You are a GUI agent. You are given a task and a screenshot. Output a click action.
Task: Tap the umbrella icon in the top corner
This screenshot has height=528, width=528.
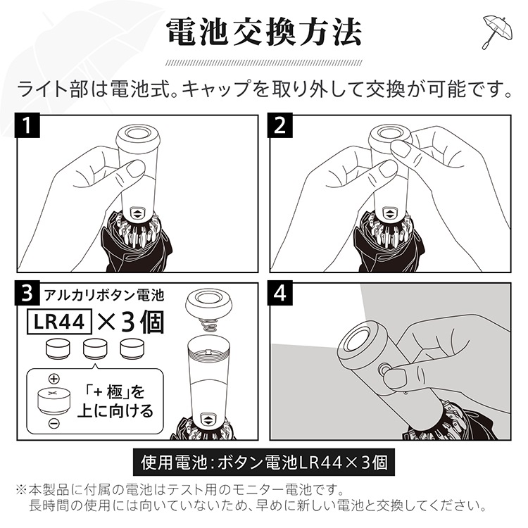coord(497,32)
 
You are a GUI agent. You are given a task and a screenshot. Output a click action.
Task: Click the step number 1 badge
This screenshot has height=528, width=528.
coord(27,125)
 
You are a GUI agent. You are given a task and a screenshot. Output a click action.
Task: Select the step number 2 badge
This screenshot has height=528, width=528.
coord(280,125)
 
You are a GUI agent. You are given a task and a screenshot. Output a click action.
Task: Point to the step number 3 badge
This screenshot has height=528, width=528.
coord(27,293)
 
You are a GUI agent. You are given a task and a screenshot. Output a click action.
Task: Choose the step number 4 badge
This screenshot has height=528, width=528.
coord(280,293)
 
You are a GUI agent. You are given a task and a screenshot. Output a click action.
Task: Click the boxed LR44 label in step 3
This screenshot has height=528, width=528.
coord(59,322)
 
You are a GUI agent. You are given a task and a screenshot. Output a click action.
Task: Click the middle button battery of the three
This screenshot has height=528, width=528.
coord(95,349)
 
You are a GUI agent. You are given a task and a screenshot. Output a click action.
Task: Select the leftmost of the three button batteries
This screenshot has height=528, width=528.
coord(58,349)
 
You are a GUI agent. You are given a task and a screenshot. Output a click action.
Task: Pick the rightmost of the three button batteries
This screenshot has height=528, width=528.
coord(132,349)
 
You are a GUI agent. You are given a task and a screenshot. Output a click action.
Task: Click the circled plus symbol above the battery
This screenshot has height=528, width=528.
coord(54,379)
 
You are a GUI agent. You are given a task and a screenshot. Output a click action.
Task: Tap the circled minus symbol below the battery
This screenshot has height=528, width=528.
coord(54,423)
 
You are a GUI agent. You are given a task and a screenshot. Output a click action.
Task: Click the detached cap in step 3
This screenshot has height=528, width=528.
coord(209,303)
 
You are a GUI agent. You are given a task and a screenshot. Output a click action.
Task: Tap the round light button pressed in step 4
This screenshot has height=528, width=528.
coord(383,370)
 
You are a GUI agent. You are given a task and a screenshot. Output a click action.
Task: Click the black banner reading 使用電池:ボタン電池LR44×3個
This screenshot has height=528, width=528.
coord(264,462)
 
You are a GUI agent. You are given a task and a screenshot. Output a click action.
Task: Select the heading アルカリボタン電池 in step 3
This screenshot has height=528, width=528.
coord(104,295)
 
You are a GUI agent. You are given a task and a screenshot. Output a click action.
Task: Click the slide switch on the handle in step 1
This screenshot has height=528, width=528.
coord(138,213)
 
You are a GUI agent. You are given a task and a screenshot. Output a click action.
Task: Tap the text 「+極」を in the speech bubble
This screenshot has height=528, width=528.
coord(115,391)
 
